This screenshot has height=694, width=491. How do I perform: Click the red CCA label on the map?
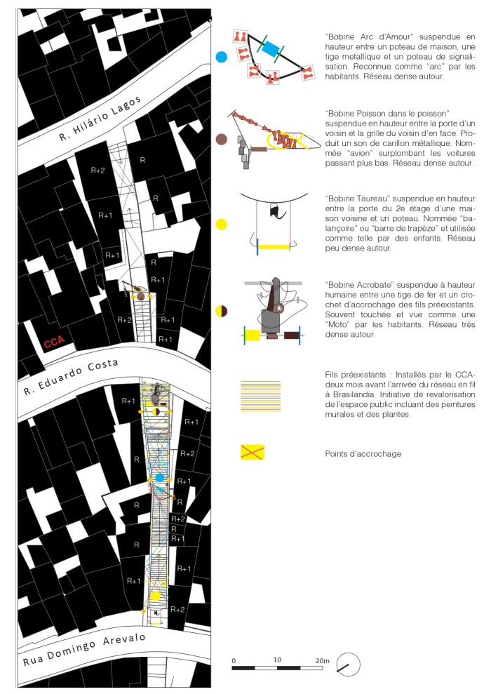click(55, 343)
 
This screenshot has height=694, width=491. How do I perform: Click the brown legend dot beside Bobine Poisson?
click(222, 139)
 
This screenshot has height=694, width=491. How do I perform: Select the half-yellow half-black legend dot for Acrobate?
click(222, 310)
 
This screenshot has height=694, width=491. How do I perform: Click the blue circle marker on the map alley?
click(159, 477)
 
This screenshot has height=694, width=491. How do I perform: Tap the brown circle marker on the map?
click(141, 298)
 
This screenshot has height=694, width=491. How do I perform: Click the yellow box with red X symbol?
click(252, 453)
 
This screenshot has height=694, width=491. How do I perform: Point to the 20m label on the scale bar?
click(321, 660)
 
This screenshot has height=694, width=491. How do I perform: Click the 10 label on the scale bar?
click(278, 660)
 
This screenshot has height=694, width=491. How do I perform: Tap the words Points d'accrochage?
click(363, 453)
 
